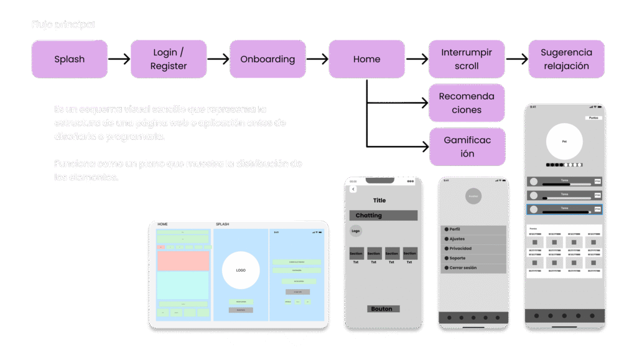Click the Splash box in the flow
coord(69,59)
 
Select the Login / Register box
coord(168,59)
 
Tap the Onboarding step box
coord(267,59)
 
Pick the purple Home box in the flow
coord(366,59)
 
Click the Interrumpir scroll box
coord(467,59)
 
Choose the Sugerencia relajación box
coord(566,59)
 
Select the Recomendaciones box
coord(467,103)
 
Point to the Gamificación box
coord(467,147)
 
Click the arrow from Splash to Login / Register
coord(119,60)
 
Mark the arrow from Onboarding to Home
coord(317,60)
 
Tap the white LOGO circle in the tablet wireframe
coord(241,270)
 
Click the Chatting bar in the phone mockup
coord(383,216)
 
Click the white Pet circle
coord(565,142)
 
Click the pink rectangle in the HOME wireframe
coord(183,261)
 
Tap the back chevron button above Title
coord(353,189)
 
